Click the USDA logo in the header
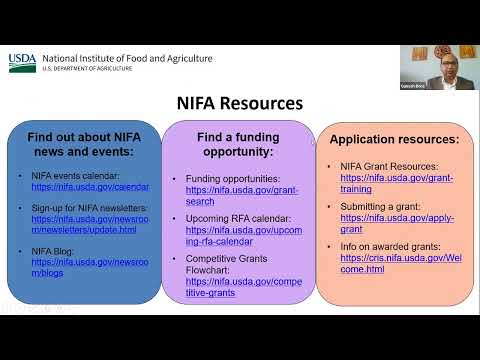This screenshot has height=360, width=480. pyautogui.click(x=22, y=62)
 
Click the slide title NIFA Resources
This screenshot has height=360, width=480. pyautogui.click(x=239, y=102)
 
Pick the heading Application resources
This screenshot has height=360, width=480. pyautogui.click(x=394, y=139)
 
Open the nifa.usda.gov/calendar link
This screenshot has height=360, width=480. pyautogui.click(x=90, y=187)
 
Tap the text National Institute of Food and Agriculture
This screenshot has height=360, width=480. pyautogui.click(x=127, y=58)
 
